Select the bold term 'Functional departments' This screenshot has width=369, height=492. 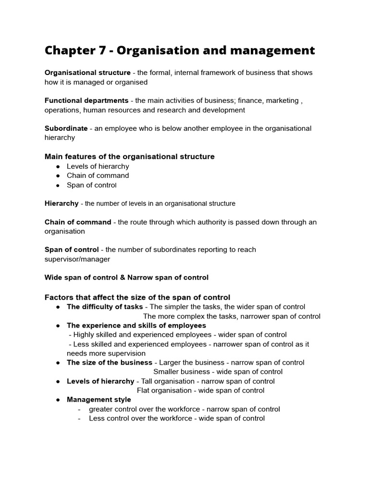86,100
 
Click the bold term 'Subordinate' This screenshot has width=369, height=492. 66,128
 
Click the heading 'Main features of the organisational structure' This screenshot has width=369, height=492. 130,157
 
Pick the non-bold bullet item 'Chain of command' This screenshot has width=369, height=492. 98,175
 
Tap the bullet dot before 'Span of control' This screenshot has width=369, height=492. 58,185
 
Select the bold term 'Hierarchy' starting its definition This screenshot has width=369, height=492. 61,203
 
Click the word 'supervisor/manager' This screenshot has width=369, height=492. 77,259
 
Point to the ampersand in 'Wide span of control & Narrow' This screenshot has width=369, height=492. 124,277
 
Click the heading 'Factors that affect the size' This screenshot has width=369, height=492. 137,297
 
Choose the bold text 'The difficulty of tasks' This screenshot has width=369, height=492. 105,307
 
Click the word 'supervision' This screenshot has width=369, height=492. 106,353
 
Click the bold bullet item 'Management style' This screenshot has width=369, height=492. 98,400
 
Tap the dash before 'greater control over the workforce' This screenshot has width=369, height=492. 79,409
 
